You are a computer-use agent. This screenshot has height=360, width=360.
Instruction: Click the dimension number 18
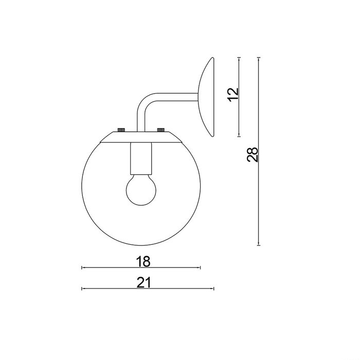point(143,261)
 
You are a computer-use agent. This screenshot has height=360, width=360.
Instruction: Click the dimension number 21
point(143,282)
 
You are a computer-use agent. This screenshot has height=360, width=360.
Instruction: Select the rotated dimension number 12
point(233,95)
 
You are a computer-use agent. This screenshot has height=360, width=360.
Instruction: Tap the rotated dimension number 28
point(253,155)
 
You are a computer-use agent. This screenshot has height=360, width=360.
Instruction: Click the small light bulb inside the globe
point(141,190)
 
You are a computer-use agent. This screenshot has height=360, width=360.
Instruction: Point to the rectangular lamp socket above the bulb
point(141,158)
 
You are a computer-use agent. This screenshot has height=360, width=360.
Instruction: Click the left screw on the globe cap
point(121,130)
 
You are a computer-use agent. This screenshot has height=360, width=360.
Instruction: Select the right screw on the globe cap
point(160,130)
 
